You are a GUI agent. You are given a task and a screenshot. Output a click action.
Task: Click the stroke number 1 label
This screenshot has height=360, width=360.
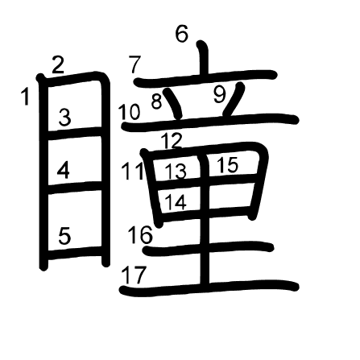(25, 97)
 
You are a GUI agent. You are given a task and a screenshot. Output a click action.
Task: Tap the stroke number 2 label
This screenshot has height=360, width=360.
(58, 65)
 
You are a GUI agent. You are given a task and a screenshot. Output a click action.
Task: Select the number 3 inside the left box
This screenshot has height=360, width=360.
(64, 118)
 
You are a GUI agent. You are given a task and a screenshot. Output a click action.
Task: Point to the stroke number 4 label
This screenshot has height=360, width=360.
(64, 170)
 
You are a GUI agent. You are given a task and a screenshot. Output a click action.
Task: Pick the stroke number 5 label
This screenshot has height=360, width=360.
(64, 235)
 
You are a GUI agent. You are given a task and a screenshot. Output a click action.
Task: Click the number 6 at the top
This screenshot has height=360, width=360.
(182, 34)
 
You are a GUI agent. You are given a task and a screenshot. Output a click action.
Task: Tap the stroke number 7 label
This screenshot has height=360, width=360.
(134, 64)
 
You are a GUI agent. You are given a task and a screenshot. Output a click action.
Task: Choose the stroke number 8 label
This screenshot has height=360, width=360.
(157, 101)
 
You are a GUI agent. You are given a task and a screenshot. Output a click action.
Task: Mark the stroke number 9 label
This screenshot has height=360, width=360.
(220, 95)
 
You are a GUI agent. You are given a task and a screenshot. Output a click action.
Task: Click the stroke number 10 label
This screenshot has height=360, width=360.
(129, 112)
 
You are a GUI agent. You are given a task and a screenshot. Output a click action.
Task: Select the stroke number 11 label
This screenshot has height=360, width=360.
(133, 172)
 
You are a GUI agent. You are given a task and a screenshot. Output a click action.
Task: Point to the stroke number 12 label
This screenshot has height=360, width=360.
(172, 141)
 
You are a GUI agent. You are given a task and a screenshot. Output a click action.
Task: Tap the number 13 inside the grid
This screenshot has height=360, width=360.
(176, 172)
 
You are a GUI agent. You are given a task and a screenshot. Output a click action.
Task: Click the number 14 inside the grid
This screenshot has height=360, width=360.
(176, 202)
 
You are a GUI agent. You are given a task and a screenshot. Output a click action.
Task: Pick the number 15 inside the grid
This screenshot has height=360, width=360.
(227, 164)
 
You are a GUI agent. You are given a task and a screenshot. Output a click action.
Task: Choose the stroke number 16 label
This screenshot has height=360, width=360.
(140, 234)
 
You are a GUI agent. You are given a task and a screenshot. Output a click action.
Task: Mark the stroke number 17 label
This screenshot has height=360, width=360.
(134, 275)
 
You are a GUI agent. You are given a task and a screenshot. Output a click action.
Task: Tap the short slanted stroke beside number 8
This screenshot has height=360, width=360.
(172, 103)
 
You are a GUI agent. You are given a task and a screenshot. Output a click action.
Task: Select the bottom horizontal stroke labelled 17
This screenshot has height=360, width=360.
(209, 288)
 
